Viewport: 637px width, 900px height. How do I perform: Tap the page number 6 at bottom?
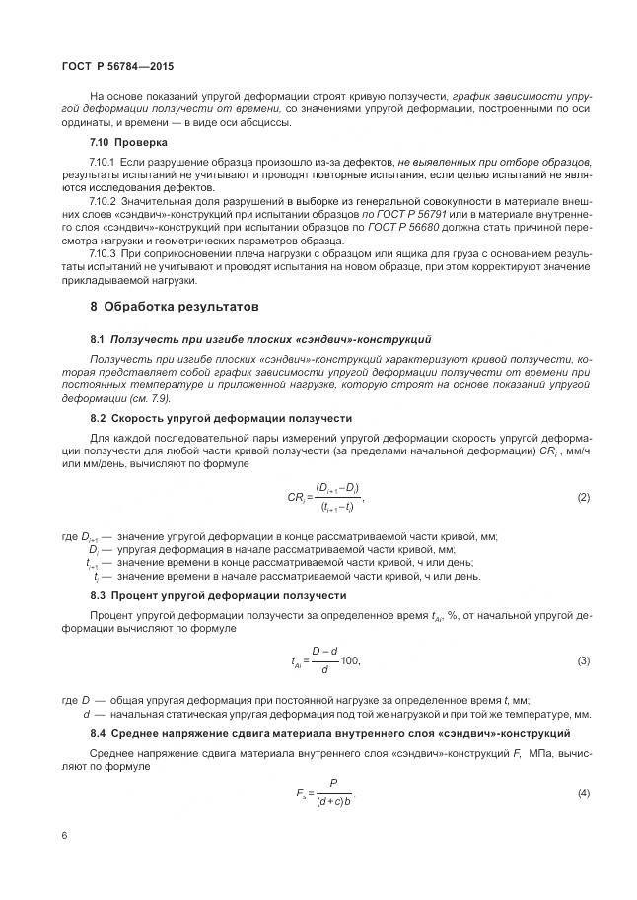point(64,836)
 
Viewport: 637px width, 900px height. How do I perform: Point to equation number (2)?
point(583,497)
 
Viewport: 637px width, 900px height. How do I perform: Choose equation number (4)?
point(583,793)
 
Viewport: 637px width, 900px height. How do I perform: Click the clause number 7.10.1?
point(103,161)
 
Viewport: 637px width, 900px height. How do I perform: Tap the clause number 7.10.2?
point(103,198)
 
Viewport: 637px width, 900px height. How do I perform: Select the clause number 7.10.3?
point(103,253)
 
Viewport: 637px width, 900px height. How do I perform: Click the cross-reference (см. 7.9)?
point(151,398)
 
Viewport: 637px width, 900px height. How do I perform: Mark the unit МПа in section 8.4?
point(539,752)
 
